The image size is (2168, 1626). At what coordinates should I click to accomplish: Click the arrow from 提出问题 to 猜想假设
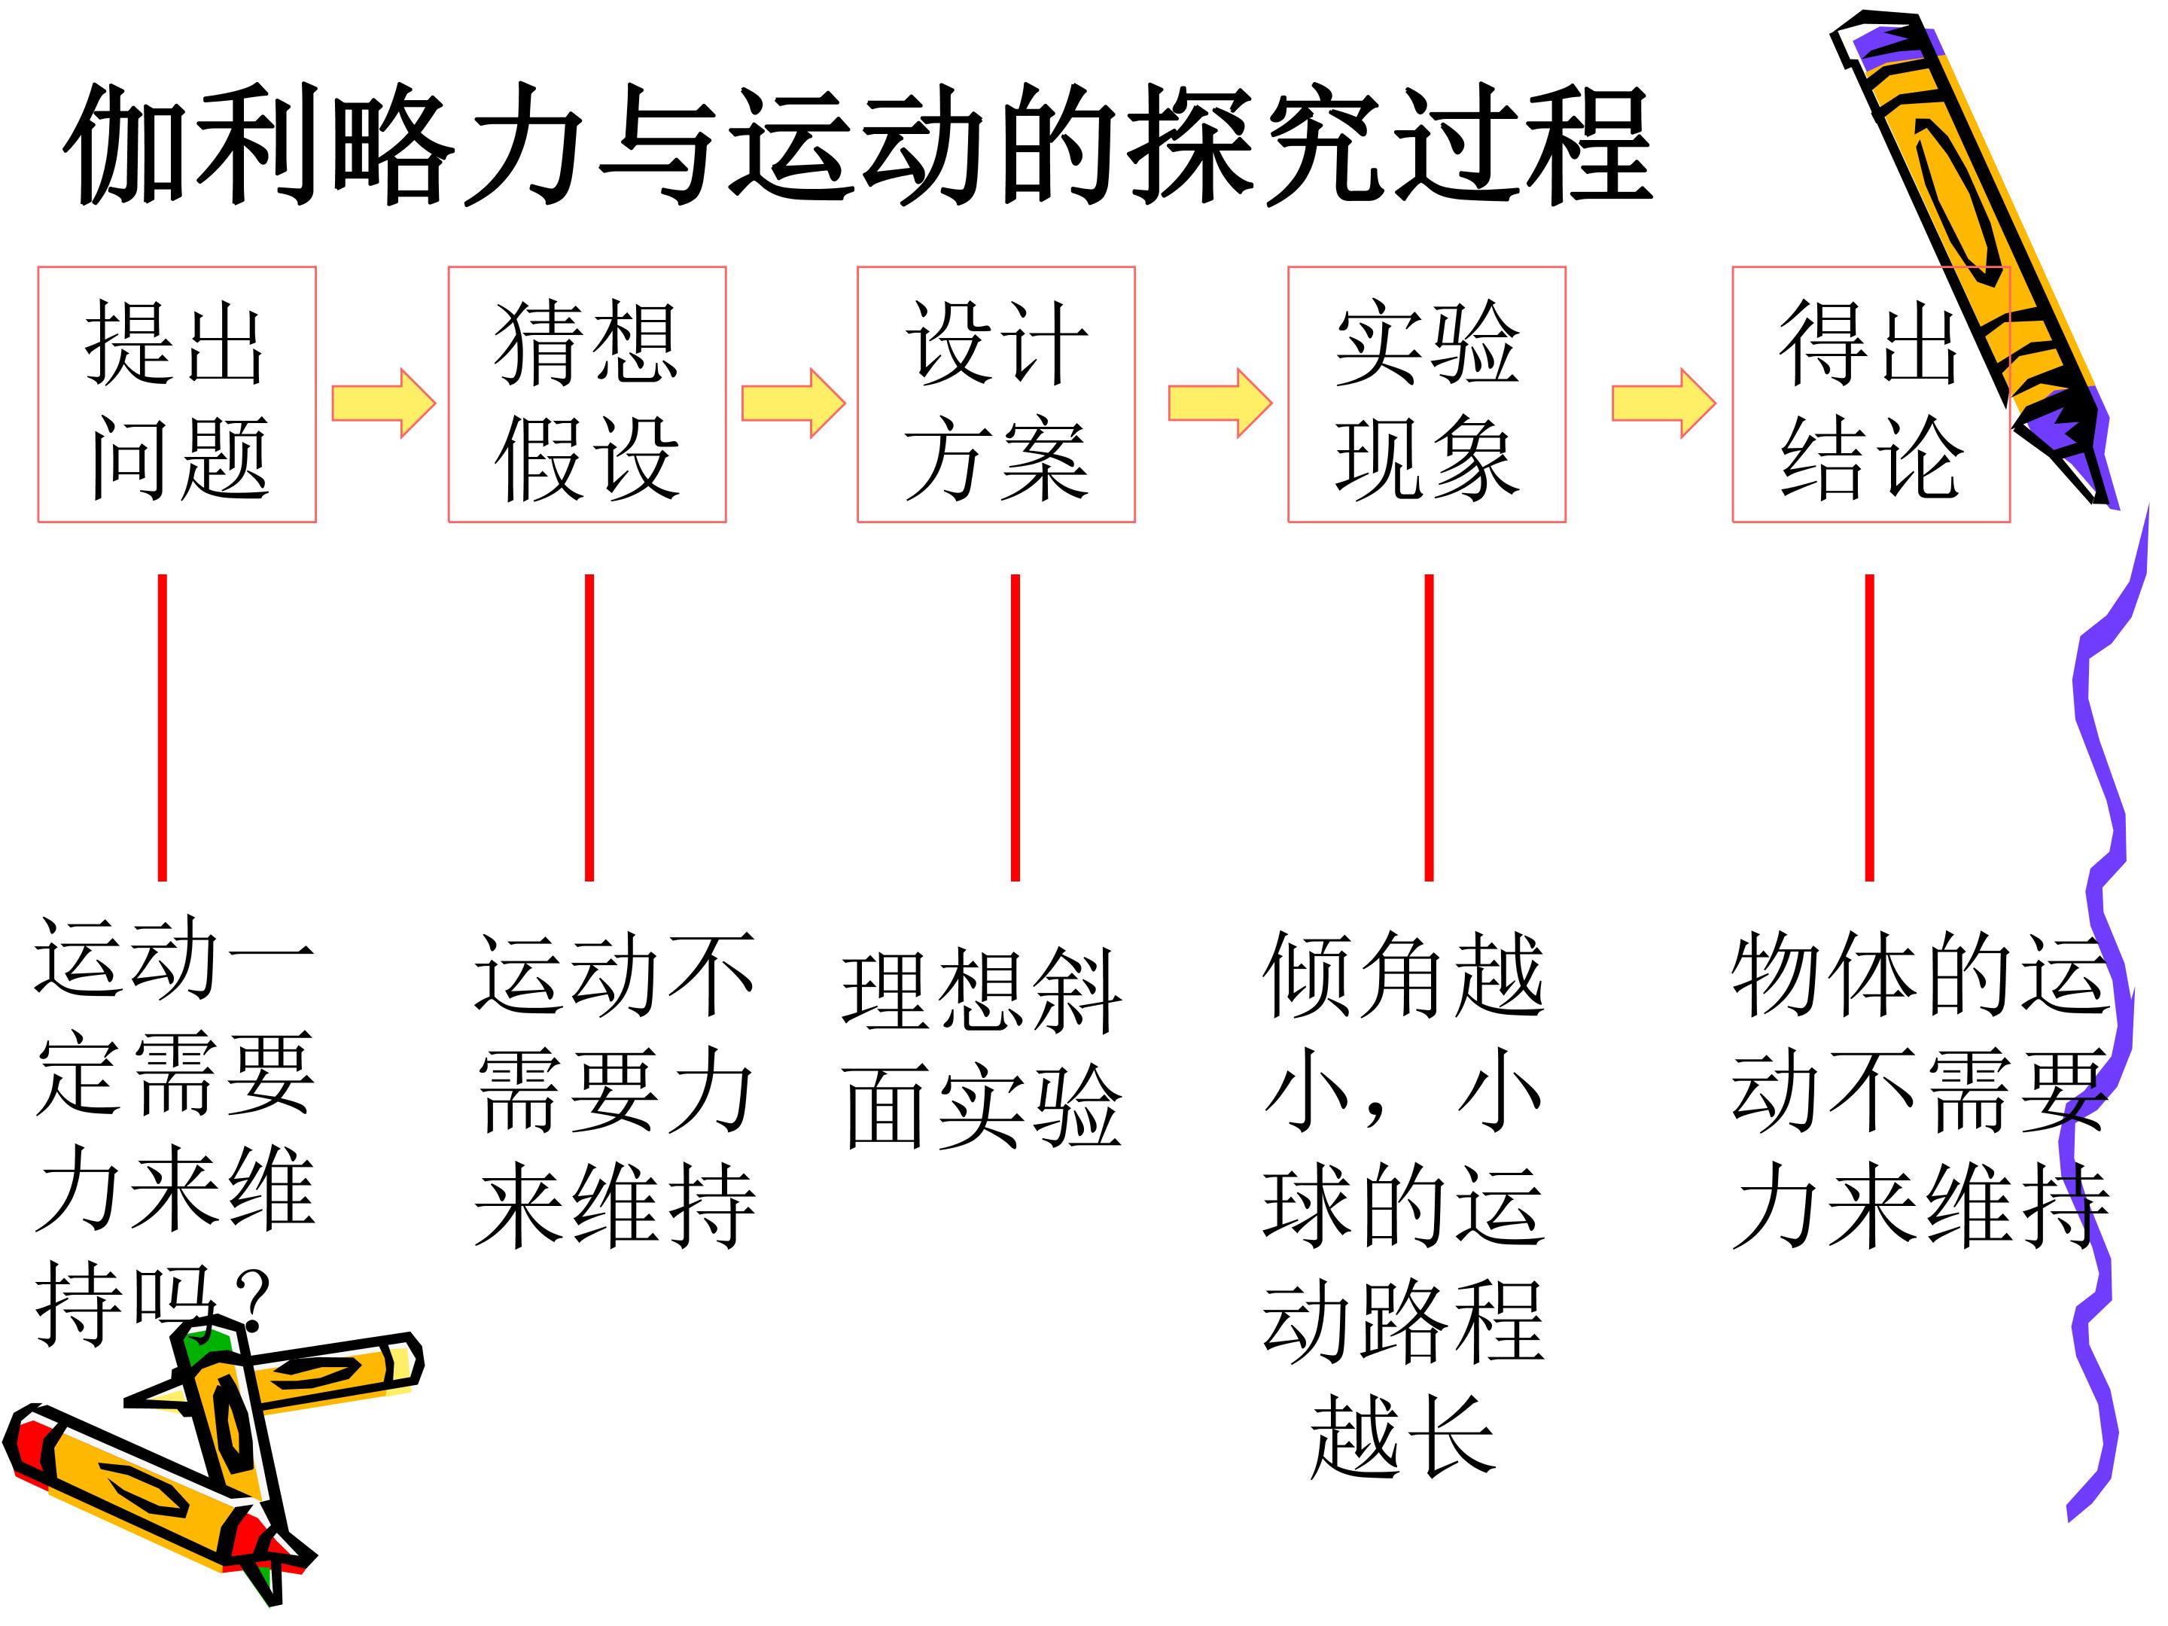[x=383, y=403]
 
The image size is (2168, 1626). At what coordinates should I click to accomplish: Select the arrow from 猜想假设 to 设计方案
[x=793, y=403]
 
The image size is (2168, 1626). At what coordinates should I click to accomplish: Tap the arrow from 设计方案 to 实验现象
[x=1220, y=403]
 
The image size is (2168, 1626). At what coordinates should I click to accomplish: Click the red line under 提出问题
[x=163, y=727]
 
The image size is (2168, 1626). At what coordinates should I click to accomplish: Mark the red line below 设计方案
[x=1015, y=727]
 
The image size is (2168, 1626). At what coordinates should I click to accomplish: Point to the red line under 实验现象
[x=1429, y=727]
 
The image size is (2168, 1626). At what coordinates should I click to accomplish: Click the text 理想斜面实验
[x=982, y=1048]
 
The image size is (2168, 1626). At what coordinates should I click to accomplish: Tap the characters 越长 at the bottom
[x=1403, y=1437]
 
